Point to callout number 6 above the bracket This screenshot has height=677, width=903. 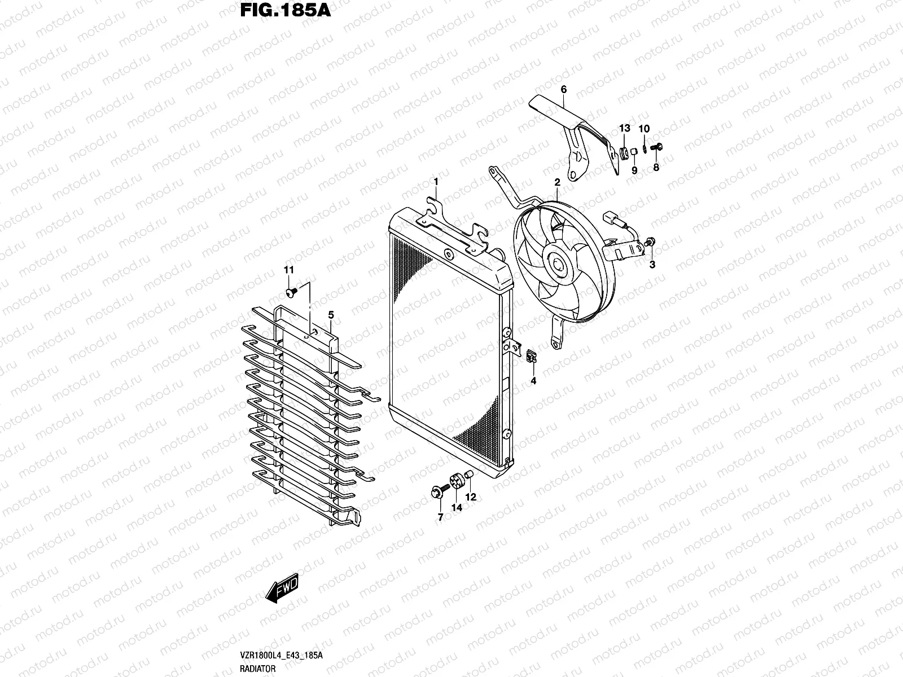coord(563,89)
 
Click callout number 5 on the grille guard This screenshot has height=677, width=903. coord(331,314)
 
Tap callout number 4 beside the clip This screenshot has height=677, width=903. coord(533,381)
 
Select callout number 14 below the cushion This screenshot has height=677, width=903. coord(456,508)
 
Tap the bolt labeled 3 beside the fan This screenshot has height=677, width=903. coord(650,243)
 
